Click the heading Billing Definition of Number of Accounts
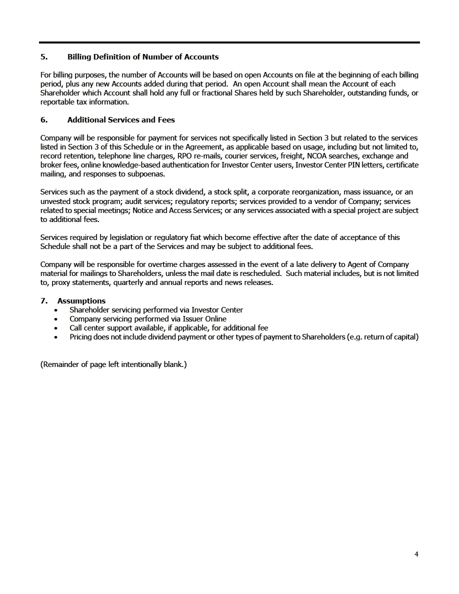(x=142, y=57)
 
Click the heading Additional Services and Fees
(x=121, y=120)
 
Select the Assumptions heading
(x=81, y=301)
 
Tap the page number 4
(x=416, y=554)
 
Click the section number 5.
(x=43, y=57)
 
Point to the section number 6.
(x=43, y=120)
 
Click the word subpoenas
(x=146, y=174)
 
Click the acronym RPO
(x=178, y=156)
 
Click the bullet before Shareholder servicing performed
(x=56, y=310)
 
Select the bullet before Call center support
(x=56, y=328)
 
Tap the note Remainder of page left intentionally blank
(x=113, y=364)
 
